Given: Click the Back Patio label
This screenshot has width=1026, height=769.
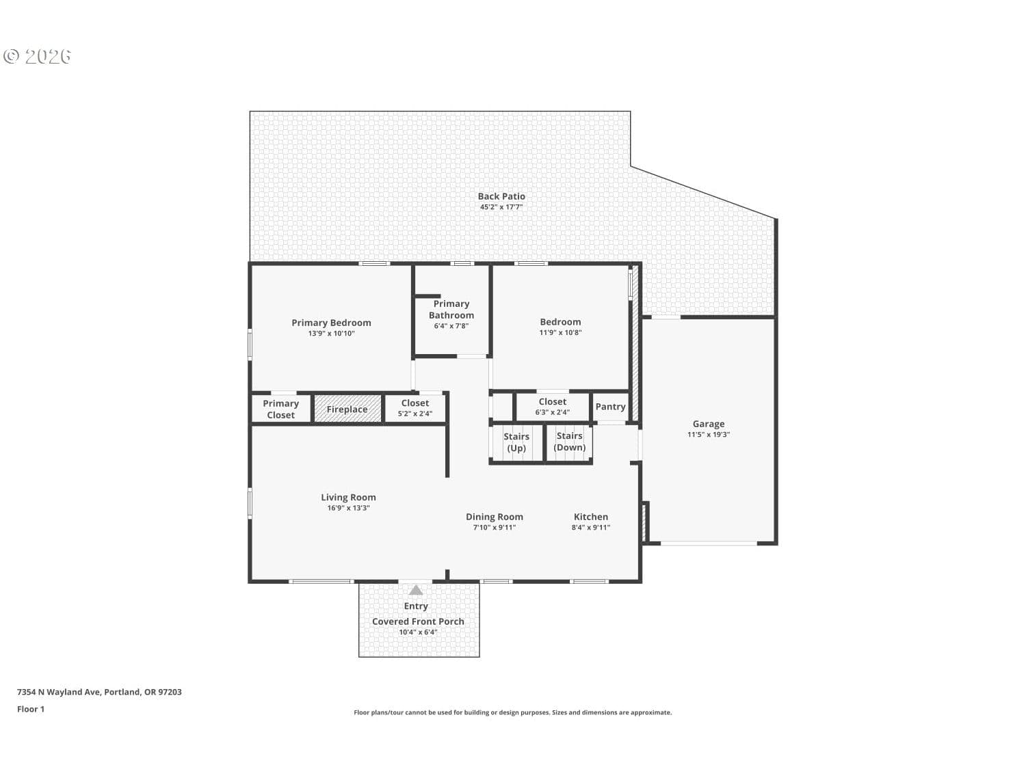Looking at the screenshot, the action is click(501, 196).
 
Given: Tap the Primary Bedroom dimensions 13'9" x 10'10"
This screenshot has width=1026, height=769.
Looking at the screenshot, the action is click(331, 334).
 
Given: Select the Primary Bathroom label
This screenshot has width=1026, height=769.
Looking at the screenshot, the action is click(451, 309).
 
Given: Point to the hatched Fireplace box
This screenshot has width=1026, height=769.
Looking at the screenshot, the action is click(347, 409).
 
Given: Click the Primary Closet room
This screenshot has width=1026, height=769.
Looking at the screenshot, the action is click(281, 409).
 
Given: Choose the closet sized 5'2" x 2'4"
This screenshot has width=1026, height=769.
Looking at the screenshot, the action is click(415, 408).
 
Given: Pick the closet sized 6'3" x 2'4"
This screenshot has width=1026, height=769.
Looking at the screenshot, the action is click(552, 407).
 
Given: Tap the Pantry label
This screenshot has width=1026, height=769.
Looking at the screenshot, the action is click(610, 407).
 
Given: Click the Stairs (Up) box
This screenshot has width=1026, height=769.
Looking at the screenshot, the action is click(516, 443).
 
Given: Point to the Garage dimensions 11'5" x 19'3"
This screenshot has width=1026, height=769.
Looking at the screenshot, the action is click(708, 435).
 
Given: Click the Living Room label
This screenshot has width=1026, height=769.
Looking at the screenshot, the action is click(348, 497).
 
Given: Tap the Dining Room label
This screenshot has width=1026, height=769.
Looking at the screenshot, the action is click(494, 517).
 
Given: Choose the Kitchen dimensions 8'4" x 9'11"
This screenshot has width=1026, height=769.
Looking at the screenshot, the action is click(590, 528).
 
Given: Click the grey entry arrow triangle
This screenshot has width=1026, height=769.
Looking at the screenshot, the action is click(416, 591).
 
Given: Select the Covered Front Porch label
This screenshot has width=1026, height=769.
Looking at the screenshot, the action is click(418, 621).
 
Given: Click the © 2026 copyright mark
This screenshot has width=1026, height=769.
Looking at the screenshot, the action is click(37, 56).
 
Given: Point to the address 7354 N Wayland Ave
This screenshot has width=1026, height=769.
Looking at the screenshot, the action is click(58, 692).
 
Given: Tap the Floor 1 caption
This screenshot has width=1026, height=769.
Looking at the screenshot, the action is click(30, 710).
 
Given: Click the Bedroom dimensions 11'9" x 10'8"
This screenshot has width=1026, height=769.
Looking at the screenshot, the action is click(560, 333).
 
